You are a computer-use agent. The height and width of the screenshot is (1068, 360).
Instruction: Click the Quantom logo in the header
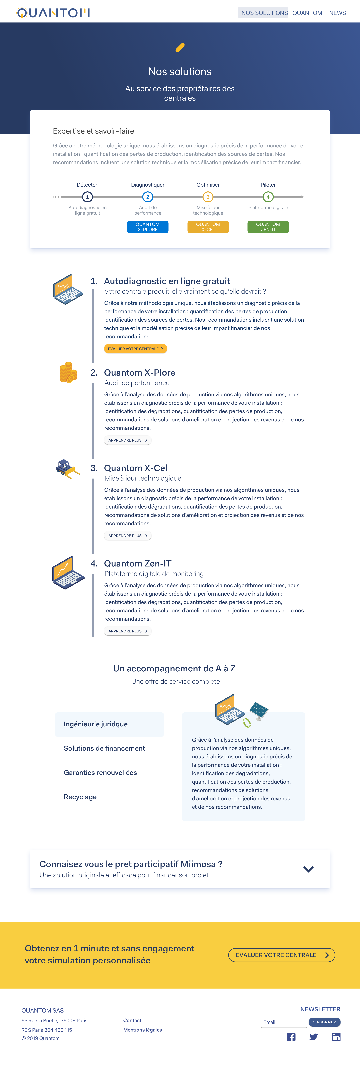pos(53,13)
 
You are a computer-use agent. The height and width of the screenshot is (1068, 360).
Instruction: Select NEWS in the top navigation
pos(337,13)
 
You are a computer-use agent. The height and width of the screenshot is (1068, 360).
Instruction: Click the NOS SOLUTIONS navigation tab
pos(264,13)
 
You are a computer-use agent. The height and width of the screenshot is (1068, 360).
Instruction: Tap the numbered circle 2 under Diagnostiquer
pos(148,197)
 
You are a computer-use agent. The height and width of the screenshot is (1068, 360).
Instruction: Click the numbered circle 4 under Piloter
pos(268,197)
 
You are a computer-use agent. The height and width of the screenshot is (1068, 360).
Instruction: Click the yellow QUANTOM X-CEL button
pos(208,227)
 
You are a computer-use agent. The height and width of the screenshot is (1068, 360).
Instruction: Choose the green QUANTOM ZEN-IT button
pos(268,227)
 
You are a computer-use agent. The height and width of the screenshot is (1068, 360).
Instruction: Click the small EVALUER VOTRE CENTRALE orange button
pos(135,349)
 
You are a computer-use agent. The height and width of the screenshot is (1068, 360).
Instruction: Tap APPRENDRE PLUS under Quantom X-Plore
pos(127,440)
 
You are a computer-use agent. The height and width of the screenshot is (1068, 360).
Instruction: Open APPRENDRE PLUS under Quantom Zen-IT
pos(127,631)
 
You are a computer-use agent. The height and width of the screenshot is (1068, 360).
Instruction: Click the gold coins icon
pos(68,372)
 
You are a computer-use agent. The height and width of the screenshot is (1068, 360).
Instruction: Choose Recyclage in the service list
pos(80,797)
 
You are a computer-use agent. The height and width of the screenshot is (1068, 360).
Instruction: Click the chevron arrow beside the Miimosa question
pos(308,869)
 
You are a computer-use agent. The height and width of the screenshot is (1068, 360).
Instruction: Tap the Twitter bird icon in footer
pos(313,1037)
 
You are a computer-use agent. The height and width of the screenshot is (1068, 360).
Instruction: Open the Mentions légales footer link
pos(142,1030)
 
